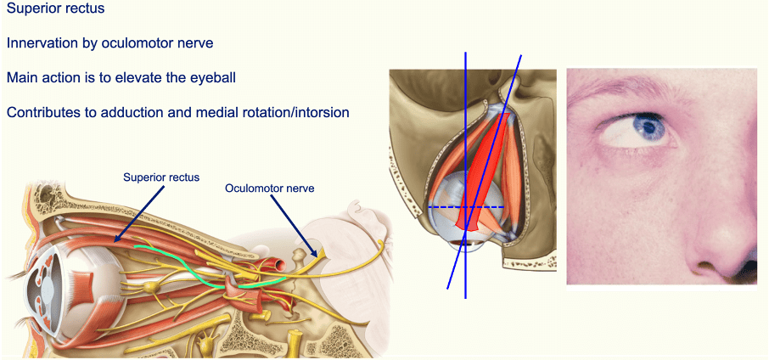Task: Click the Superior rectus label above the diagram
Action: tap(161, 177)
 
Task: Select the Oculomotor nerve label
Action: tap(270, 188)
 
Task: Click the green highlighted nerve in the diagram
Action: tap(182, 257)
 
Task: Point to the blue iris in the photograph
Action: tap(653, 128)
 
